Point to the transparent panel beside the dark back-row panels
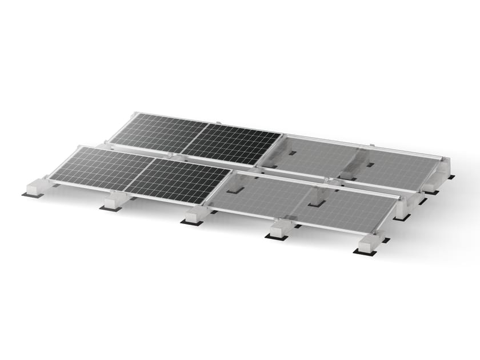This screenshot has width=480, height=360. pyautogui.click(x=309, y=155)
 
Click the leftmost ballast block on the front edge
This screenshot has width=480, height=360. pyautogui.click(x=35, y=187)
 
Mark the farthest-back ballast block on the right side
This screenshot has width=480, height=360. pyautogui.click(x=441, y=167)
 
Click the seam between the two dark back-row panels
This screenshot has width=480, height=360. pyautogui.click(x=195, y=139)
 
